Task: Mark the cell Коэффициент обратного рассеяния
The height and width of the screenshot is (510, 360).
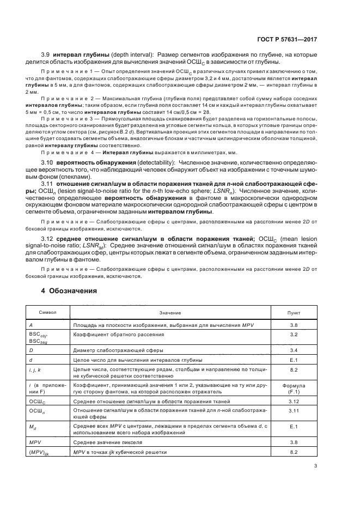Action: [113, 334]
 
